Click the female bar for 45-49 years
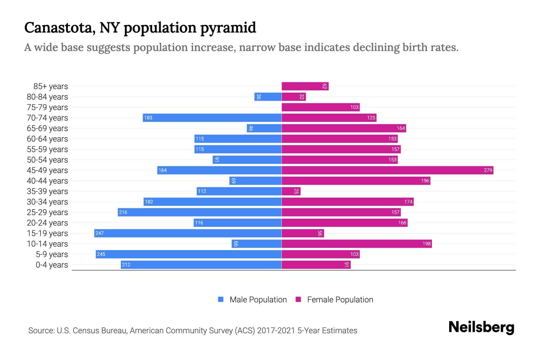click(x=387, y=170)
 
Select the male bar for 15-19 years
click(x=188, y=233)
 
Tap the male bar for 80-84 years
click(x=268, y=97)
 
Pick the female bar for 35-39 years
click(x=291, y=191)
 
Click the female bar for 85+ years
click(x=305, y=86)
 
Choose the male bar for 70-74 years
click(x=212, y=118)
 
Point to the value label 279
click(x=488, y=170)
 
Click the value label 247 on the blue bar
click(x=100, y=233)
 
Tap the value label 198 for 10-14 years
click(x=426, y=244)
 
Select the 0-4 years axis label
click(x=52, y=265)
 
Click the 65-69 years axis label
click(x=47, y=128)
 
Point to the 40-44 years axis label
click(x=47, y=181)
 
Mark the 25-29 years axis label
click(x=47, y=212)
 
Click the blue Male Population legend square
click(x=221, y=299)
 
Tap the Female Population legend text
click(x=340, y=299)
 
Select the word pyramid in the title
click(x=228, y=28)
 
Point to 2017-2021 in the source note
click(x=276, y=331)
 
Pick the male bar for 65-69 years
click(x=264, y=128)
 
